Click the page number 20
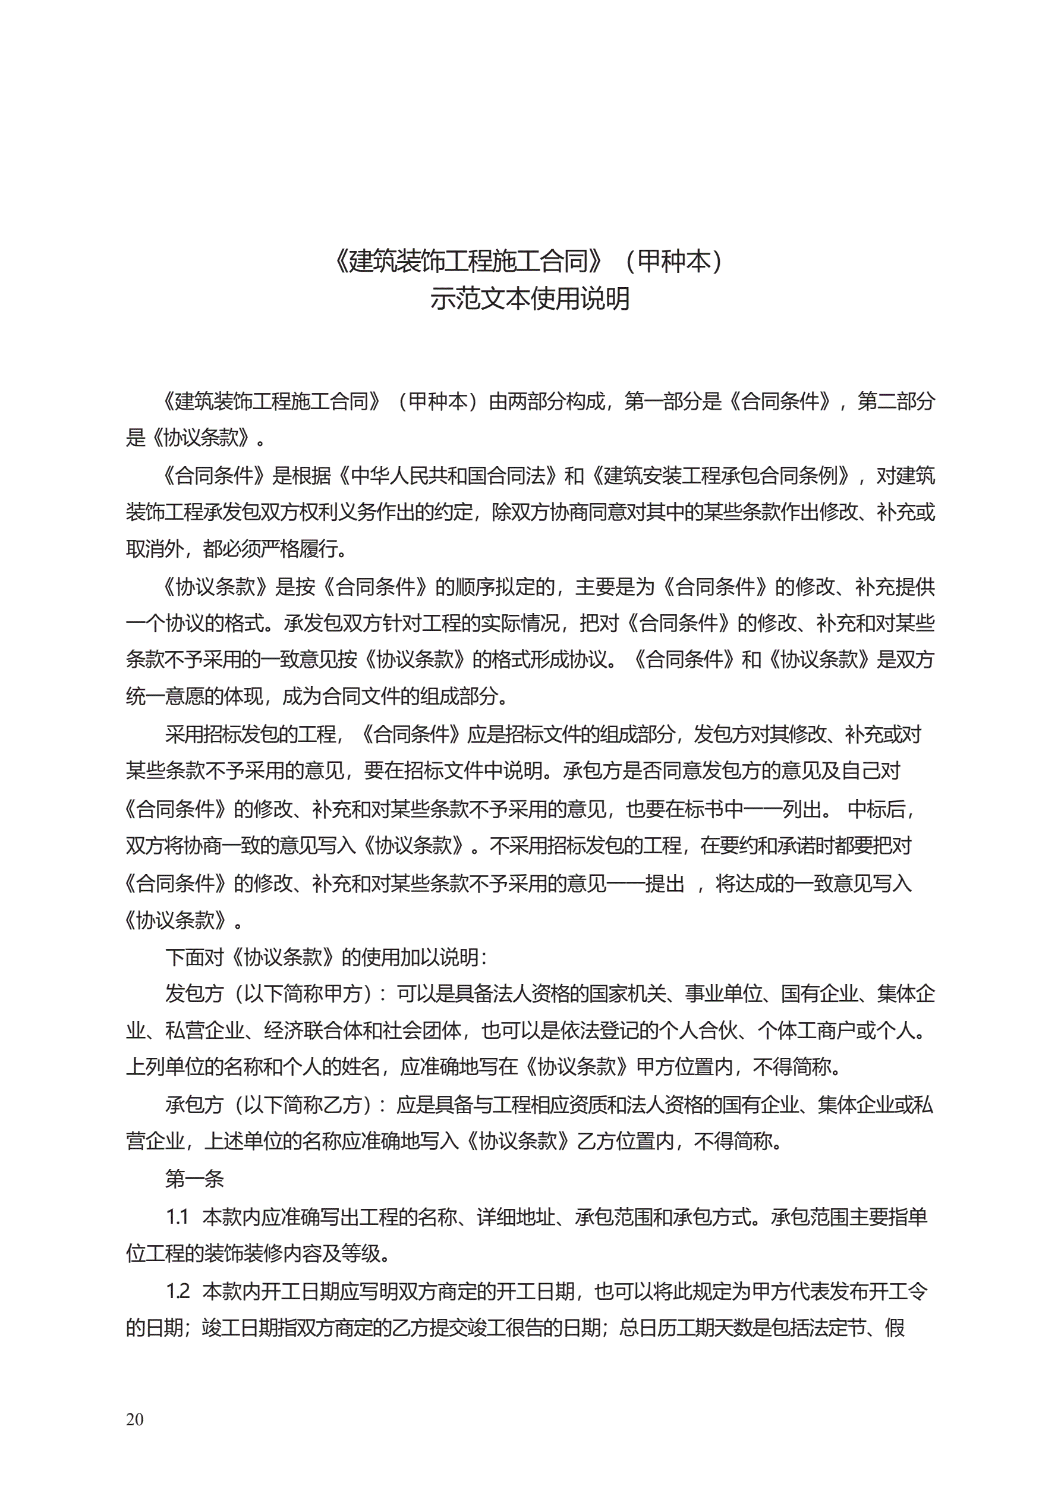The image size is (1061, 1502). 135,1419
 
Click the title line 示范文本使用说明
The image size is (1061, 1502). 530,299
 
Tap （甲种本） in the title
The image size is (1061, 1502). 674,261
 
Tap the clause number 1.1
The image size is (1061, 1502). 177,1216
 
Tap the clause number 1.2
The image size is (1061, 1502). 177,1291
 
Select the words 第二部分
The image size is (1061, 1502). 896,401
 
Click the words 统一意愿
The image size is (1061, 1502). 164,696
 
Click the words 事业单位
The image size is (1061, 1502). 724,994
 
